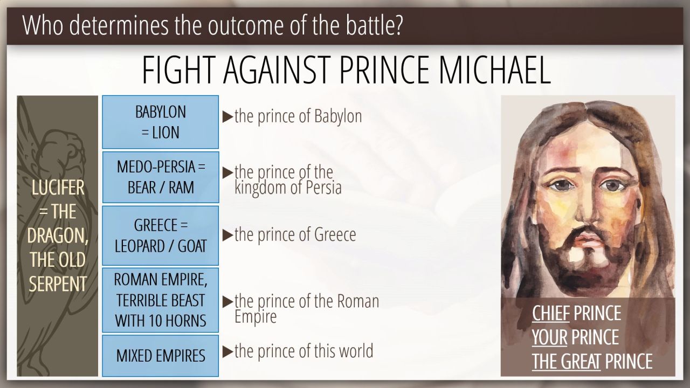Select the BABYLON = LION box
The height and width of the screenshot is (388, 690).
click(x=161, y=122)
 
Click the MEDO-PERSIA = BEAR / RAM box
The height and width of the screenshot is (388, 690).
click(x=161, y=177)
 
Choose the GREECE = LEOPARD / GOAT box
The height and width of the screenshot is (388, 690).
click(x=161, y=235)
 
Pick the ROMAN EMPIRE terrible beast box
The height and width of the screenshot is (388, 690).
click(x=161, y=300)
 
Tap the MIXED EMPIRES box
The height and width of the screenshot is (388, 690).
click(x=161, y=356)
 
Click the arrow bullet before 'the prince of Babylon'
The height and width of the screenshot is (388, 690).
click(x=227, y=117)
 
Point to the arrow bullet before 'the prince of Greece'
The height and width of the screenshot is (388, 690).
click(x=227, y=235)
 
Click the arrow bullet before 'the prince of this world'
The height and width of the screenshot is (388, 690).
click(x=227, y=352)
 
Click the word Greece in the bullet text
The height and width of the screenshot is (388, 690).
click(x=335, y=234)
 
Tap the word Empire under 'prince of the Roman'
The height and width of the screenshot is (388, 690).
click(x=256, y=316)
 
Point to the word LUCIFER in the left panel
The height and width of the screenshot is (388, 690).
click(x=58, y=188)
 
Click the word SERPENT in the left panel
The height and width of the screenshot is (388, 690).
click(x=58, y=283)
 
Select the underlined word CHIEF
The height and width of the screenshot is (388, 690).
click(x=550, y=313)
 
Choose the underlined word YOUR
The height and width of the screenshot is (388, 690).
click(x=549, y=337)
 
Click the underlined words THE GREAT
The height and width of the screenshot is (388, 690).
click(x=566, y=361)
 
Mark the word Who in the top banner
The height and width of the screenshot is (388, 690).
click(x=43, y=25)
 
